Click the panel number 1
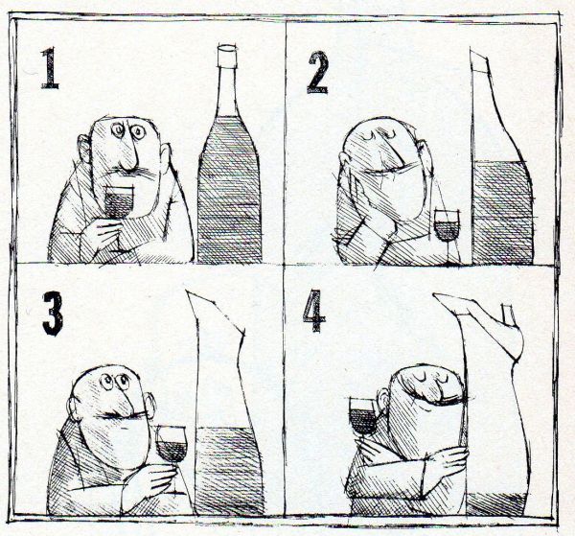50,68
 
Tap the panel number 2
317,72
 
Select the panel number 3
53,314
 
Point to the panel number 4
314,311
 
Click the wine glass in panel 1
119,205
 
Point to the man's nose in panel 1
130,156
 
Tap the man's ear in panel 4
382,400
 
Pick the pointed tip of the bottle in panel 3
188,291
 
